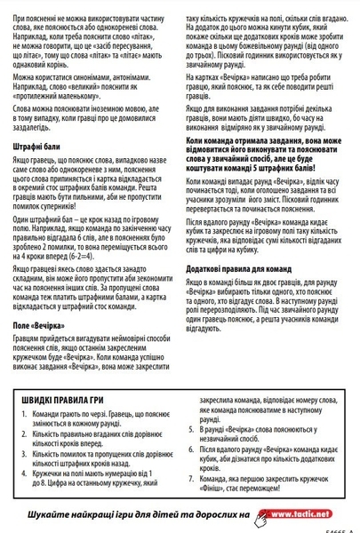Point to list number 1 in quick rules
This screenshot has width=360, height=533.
coord(22,415)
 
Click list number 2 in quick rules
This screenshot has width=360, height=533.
coord(22,434)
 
